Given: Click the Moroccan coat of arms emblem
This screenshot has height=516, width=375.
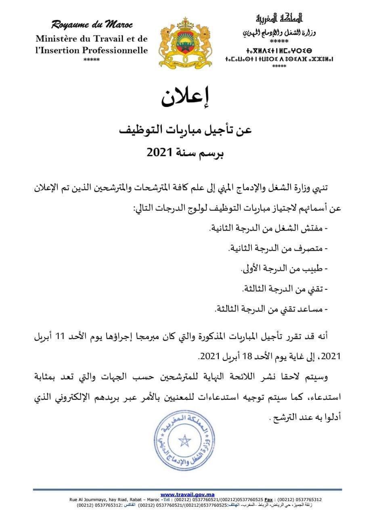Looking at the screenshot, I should pyautogui.click(x=186, y=42).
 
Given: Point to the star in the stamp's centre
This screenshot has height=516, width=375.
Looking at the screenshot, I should pyautogui.click(x=184, y=440).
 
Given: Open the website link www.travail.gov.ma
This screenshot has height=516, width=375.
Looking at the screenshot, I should pyautogui.click(x=187, y=495).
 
